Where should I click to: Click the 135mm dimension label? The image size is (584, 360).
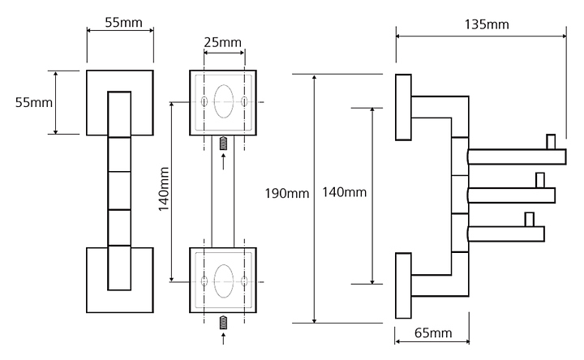487,24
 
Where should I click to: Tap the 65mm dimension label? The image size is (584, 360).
433,332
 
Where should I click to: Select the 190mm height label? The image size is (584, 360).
287,193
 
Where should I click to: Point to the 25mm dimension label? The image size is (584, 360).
223,42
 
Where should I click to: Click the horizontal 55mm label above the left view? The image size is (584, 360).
123,23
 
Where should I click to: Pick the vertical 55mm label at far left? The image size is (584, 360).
34,102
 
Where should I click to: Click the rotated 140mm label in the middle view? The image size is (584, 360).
164,189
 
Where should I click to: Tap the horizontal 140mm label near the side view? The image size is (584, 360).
344,192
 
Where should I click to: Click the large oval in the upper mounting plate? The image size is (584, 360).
224,101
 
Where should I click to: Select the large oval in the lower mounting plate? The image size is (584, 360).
224,281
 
